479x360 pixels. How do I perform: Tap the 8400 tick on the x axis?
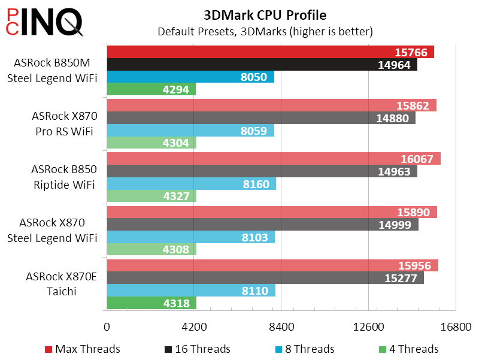pyautogui.click(x=281, y=328)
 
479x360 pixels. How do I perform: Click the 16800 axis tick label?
pyautogui.click(x=456, y=328)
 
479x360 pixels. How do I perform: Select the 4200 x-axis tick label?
pyautogui.click(x=194, y=328)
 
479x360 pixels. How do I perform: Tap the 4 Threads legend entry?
pyautogui.click(x=409, y=349)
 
